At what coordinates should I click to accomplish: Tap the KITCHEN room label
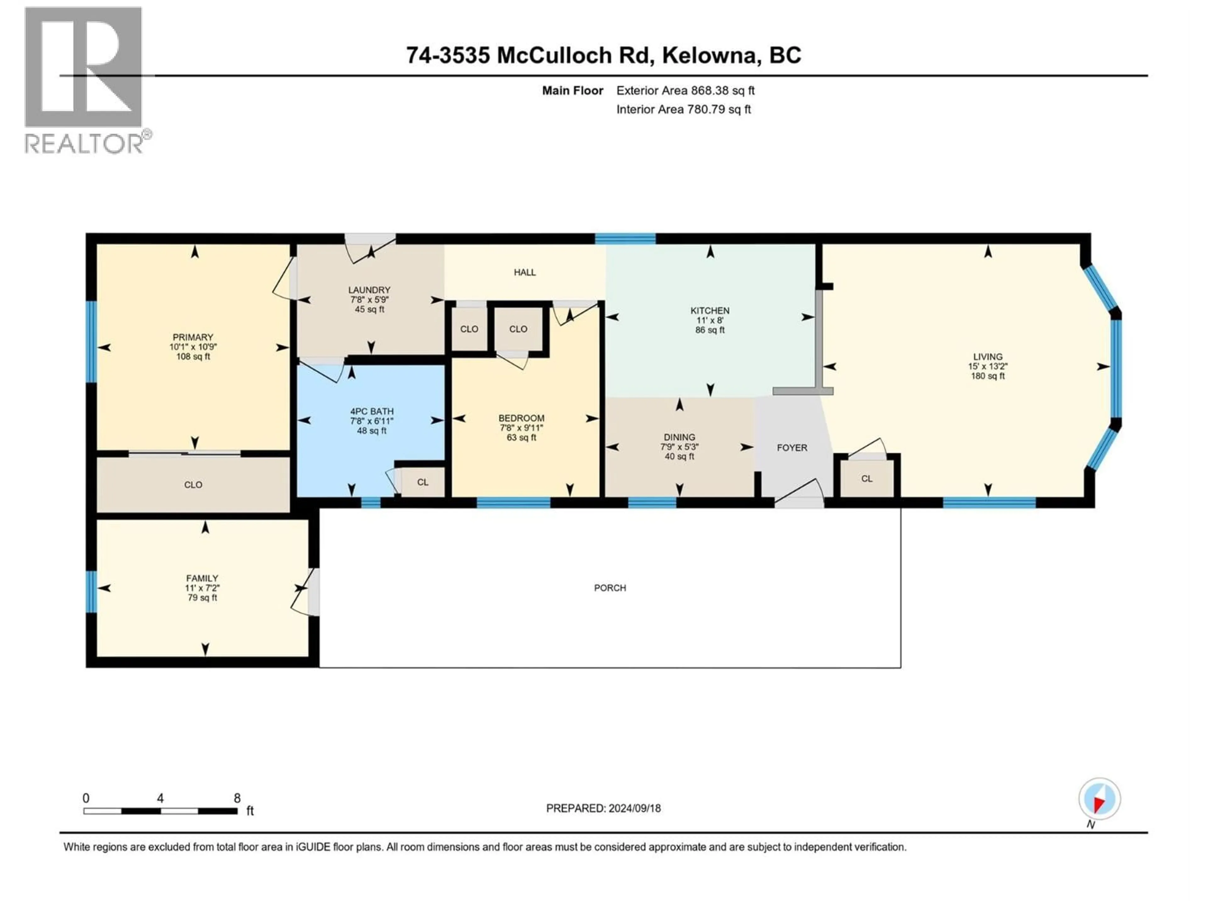click(x=709, y=310)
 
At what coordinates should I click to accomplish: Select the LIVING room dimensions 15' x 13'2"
click(x=987, y=366)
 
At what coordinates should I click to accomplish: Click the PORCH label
click(x=609, y=588)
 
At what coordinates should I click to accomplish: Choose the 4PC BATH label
click(x=371, y=411)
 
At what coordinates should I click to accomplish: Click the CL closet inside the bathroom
click(x=422, y=482)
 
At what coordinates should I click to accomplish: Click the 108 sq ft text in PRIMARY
click(x=193, y=357)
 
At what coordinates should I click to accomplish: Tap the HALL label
click(x=524, y=272)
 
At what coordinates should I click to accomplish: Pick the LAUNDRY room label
click(x=369, y=290)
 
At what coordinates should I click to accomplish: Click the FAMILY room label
click(x=202, y=578)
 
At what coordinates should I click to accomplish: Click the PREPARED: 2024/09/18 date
click(x=603, y=808)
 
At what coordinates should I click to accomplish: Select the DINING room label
click(x=679, y=437)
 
